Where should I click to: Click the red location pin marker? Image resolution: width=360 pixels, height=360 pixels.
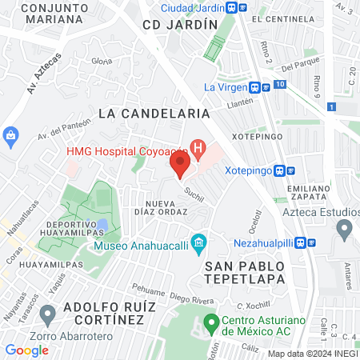pyautogui.click(x=180, y=166)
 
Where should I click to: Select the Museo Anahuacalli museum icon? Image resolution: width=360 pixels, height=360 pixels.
pyautogui.click(x=199, y=242)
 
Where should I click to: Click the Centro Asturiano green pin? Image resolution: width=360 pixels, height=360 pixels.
pyautogui.click(x=211, y=323)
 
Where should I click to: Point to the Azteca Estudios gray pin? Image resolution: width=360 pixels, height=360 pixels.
pyautogui.click(x=345, y=230)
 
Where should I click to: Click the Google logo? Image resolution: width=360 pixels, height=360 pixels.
pyautogui.click(x=26, y=350)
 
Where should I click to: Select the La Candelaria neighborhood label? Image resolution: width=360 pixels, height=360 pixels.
pyautogui.click(x=154, y=114)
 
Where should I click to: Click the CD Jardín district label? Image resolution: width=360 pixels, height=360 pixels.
pyautogui.click(x=180, y=25)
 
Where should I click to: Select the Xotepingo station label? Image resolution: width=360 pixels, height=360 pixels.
pyautogui.click(x=248, y=170)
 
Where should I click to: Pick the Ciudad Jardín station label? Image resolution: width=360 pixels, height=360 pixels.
pyautogui.click(x=191, y=7)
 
